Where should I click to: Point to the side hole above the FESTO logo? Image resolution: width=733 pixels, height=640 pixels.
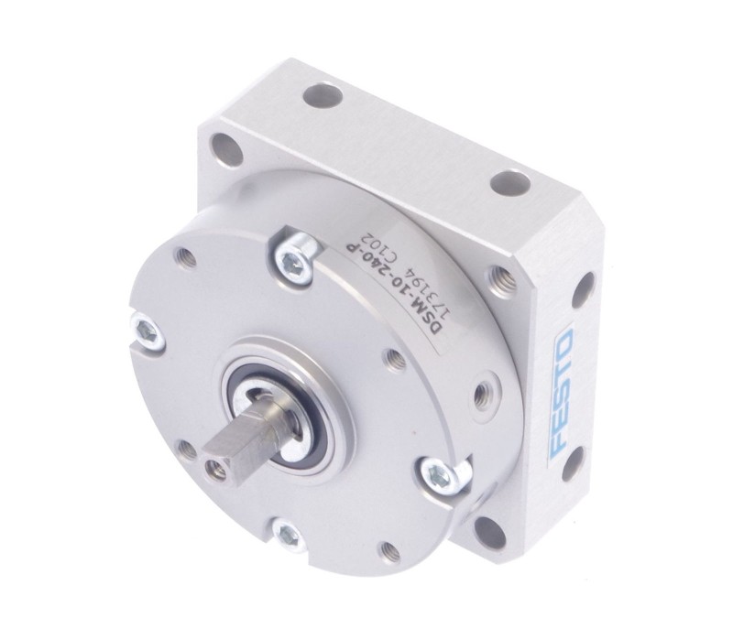pos(580,290)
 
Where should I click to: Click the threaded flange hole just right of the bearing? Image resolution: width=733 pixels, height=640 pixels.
pos(395,361)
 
